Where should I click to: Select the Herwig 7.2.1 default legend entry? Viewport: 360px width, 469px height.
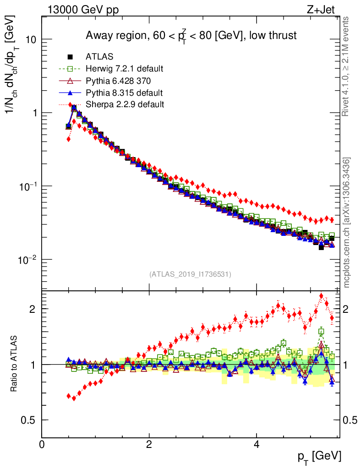point(124,69)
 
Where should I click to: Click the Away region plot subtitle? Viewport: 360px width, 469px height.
point(191,36)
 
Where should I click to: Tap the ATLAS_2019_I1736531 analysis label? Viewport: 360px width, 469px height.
point(190,274)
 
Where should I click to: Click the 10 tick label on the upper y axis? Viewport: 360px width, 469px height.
point(30,40)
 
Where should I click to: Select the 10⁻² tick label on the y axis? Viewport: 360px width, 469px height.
point(28,259)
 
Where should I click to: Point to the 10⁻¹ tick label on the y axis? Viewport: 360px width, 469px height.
point(28,186)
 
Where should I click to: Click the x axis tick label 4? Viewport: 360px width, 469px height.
point(256,444)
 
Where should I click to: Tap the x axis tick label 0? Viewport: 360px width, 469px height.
point(42,444)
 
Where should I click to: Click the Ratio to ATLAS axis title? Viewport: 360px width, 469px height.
point(15,364)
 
